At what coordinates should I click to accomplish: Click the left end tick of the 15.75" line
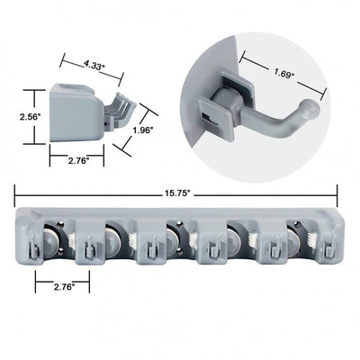pos(16,193)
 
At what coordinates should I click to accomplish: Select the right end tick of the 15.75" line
pos(337,193)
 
